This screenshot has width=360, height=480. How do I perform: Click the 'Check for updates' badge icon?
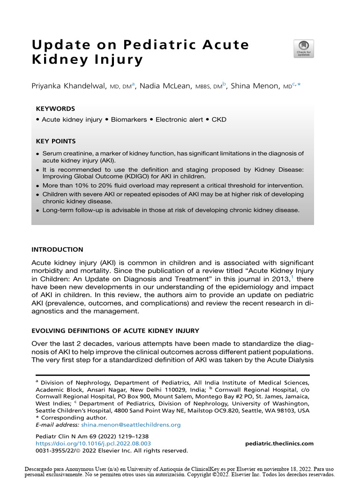(x=304, y=49)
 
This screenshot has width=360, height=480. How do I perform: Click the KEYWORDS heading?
(x=55, y=109)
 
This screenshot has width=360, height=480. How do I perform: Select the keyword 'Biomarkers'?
(x=127, y=120)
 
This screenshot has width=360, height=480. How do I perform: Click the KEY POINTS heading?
(x=56, y=141)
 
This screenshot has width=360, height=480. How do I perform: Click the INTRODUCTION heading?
(x=57, y=249)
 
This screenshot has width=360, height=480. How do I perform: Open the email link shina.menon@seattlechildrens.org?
(x=131, y=425)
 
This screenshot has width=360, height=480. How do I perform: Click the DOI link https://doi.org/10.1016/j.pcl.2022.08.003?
(x=93, y=443)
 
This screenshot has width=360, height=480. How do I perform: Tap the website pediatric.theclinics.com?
(x=279, y=443)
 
